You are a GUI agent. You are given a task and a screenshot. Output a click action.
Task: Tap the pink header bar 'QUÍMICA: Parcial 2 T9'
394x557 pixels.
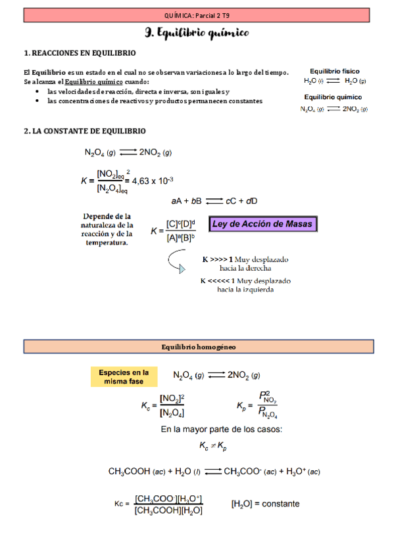pos(197,14)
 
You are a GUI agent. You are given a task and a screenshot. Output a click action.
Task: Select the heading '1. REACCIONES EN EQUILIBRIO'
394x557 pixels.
pos(80,53)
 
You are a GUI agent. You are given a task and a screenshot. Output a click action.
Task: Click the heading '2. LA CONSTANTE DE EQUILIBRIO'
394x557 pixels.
pos(84,131)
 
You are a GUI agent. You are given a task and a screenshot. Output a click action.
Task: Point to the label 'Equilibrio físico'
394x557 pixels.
pos(334,71)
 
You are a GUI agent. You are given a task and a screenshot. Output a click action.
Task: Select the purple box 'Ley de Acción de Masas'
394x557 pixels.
pos(263,225)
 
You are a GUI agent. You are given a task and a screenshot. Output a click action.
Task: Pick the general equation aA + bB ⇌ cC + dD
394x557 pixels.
pos(214,200)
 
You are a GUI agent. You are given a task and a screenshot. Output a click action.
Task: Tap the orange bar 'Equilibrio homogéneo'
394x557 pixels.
pos(198,346)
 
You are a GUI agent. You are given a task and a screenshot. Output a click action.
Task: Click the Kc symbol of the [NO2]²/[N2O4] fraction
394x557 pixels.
pos(146,407)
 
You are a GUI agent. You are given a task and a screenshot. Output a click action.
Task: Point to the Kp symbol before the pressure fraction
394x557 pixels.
pos(242,406)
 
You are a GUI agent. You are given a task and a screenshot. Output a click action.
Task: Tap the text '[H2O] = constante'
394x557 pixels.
pos(265,504)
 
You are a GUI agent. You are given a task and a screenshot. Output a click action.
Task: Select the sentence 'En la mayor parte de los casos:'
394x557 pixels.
pos(221,430)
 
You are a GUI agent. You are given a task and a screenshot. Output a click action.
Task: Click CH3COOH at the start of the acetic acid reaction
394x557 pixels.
pos(130,472)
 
